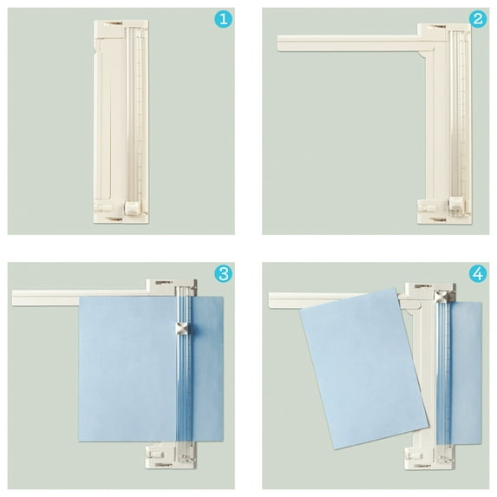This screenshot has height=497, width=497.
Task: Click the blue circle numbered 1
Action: click(223, 19)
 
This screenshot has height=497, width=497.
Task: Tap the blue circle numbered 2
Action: click(478, 19)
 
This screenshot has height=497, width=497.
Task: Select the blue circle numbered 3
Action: click(223, 273)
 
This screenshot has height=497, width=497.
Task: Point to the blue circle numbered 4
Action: click(478, 273)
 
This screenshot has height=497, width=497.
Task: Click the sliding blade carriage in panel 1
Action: click(132, 207)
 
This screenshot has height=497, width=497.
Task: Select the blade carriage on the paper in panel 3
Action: click(182, 329)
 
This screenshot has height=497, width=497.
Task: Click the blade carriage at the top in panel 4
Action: click(442, 297)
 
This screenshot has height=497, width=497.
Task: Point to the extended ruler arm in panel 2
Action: click(348, 43)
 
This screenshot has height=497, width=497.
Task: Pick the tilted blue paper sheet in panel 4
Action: click(364, 369)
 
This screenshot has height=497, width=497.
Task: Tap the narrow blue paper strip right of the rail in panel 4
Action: click(466, 373)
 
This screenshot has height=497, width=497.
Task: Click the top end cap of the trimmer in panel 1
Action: click(121, 29)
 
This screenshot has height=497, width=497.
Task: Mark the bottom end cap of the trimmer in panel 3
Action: click(171, 455)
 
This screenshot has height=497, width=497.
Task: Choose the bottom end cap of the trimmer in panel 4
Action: click(430, 457)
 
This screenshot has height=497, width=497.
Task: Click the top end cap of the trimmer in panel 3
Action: click(171, 287)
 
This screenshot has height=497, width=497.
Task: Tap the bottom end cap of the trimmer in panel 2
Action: click(444, 212)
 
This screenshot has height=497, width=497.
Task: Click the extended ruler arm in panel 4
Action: click(317, 300)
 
